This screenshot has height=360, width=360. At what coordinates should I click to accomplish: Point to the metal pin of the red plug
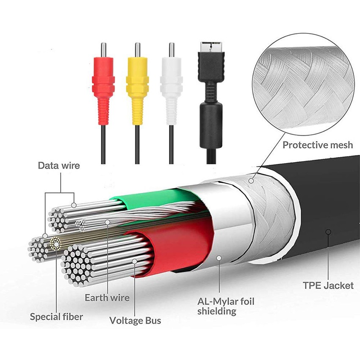click(x=103, y=50)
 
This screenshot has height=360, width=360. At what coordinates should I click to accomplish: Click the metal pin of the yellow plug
click(x=138, y=50)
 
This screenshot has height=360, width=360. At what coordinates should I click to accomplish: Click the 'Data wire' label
click(x=59, y=166)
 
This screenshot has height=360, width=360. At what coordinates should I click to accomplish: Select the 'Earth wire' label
click(x=107, y=298)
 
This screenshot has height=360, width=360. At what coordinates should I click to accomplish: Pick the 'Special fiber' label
click(x=56, y=317)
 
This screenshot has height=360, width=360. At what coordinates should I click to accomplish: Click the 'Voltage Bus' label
click(x=135, y=321)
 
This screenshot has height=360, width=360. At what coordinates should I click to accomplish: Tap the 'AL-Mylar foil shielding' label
click(x=226, y=306)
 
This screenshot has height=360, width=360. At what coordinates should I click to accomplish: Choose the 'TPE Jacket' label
click(x=328, y=285)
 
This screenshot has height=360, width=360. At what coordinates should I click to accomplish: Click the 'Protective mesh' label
click(x=318, y=145)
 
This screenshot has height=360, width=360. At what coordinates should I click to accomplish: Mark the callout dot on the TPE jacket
click(x=328, y=232)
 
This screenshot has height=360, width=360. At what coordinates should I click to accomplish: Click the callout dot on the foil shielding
click(x=219, y=258)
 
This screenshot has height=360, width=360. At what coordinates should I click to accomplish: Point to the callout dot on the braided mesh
click(x=251, y=181)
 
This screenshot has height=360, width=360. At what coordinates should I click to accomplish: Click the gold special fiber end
click(x=55, y=244)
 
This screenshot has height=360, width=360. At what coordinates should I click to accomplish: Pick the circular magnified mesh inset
click(x=303, y=84)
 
